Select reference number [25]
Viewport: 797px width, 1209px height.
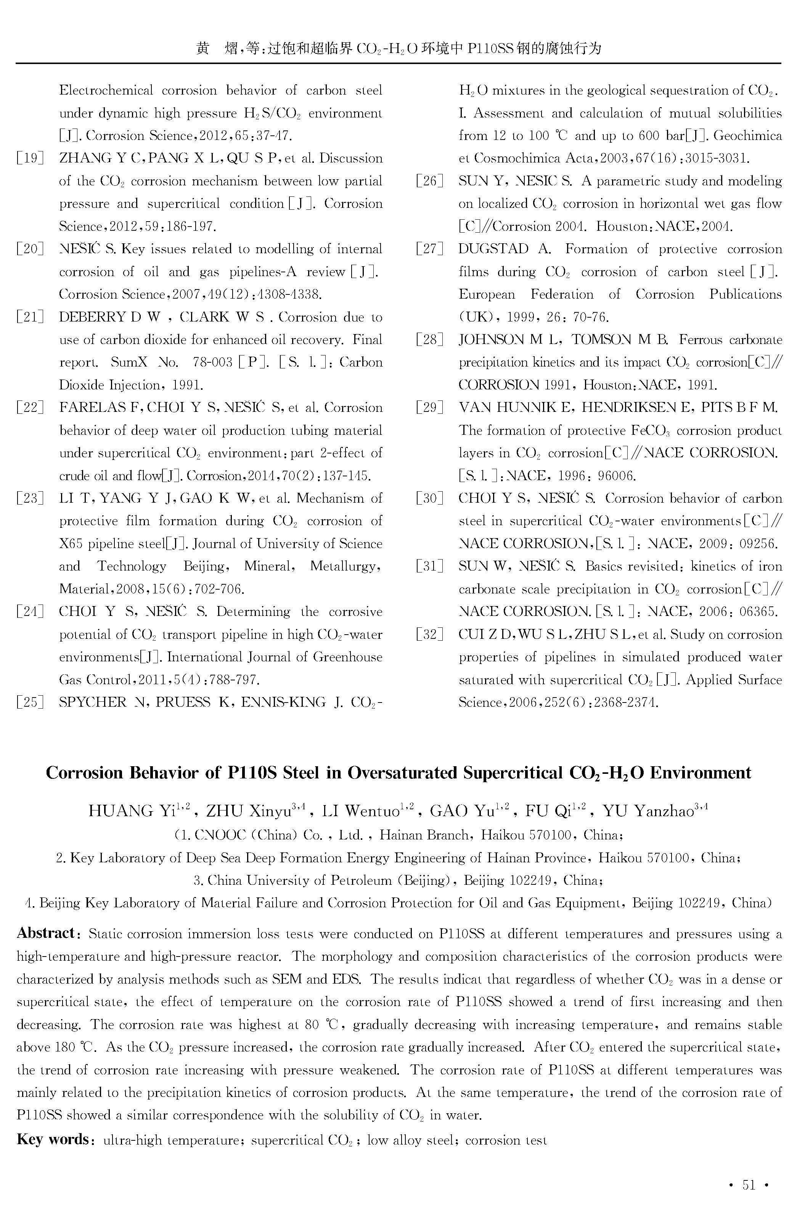click(30, 703)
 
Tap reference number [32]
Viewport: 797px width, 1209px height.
click(429, 634)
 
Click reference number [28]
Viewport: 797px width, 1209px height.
click(429, 339)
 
